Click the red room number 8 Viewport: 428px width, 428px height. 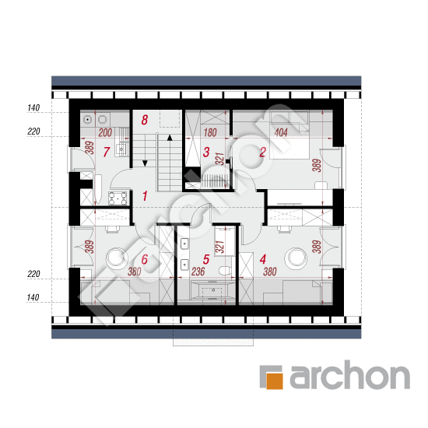(x=145, y=120)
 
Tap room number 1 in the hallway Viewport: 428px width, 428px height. (x=145, y=195)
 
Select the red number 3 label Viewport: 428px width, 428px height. (x=206, y=152)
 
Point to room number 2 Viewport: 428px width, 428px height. (x=262, y=152)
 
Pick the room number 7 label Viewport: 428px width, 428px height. (x=107, y=152)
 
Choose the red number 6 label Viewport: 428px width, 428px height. (x=145, y=259)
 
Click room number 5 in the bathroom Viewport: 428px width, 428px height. (x=206, y=259)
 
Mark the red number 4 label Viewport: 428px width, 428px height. (x=263, y=259)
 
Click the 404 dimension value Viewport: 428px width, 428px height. (x=281, y=132)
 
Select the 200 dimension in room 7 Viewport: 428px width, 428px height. (x=105, y=132)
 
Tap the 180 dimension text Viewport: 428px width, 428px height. (x=210, y=132)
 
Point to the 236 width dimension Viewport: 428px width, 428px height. (x=198, y=272)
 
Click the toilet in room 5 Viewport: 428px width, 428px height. (x=226, y=271)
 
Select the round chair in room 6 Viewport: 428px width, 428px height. (x=117, y=258)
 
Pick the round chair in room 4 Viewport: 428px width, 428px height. (x=296, y=258)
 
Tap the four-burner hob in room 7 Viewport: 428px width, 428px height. (x=118, y=198)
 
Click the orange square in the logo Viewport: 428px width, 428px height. (x=275, y=381)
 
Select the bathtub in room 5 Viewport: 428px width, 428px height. (x=213, y=291)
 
